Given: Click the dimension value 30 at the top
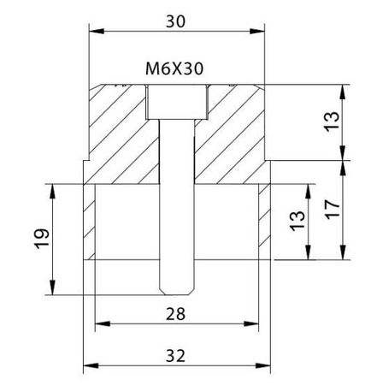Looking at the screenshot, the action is coord(175,21).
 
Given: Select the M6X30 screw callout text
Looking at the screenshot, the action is coord(174,69).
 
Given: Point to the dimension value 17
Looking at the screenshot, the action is coord(333,210).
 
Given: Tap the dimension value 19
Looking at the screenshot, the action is coord(42,239).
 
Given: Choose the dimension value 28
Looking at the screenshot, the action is coord(175,314).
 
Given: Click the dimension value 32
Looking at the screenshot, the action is coord(175,356).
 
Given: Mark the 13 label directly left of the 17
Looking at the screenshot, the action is coord(297,221).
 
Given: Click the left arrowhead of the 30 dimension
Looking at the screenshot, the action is coord(97,31).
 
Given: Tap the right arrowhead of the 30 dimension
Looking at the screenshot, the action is coord(257,31).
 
